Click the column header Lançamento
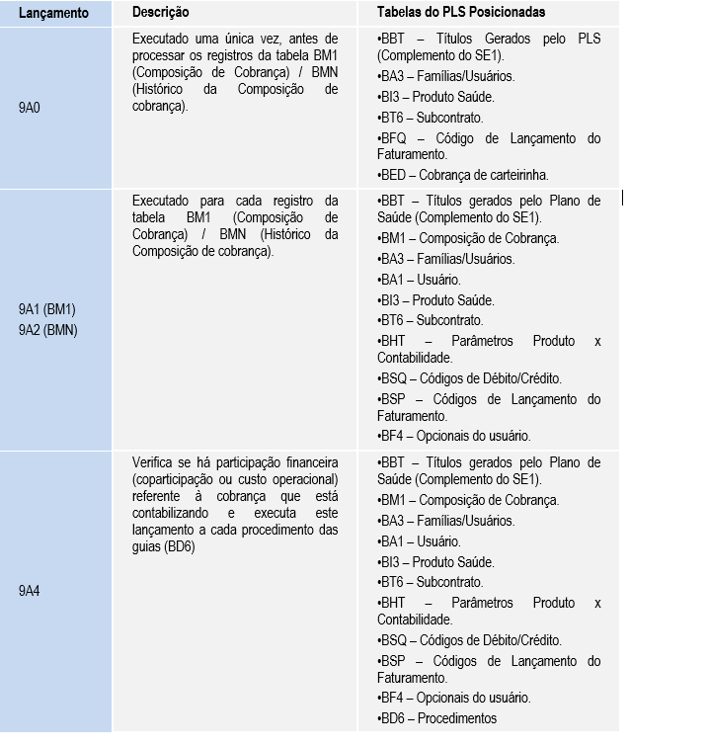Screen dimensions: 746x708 point(53,13)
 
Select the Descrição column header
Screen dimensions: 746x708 point(161,12)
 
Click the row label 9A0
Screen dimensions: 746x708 point(30,107)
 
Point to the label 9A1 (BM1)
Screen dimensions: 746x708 point(47,309)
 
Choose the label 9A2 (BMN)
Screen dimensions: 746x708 point(47,330)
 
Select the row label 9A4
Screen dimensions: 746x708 point(30,591)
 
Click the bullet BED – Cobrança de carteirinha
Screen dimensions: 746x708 point(462,175)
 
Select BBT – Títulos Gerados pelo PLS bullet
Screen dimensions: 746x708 point(489,46)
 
